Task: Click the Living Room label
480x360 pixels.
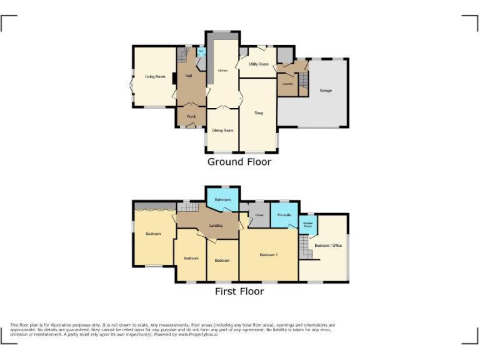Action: [x=155, y=77]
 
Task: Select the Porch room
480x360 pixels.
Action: [x=191, y=116]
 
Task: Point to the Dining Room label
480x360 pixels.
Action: [x=222, y=130]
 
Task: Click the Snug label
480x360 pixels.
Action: [x=258, y=113]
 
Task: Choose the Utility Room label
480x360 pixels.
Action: [x=258, y=64]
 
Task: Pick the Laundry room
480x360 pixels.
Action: [x=288, y=84]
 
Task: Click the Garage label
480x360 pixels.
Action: [x=326, y=91]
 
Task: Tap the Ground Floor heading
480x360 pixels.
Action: [x=239, y=162]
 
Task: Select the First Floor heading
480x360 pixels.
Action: [x=239, y=291]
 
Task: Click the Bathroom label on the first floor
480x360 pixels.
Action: [x=222, y=200]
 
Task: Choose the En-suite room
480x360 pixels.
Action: [x=284, y=216]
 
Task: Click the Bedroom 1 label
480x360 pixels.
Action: [x=269, y=254]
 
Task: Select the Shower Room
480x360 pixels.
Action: [x=307, y=224]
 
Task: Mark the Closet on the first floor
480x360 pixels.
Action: [x=259, y=216]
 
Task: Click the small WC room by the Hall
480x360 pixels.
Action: [x=201, y=52]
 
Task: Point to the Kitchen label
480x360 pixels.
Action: [x=222, y=71]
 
